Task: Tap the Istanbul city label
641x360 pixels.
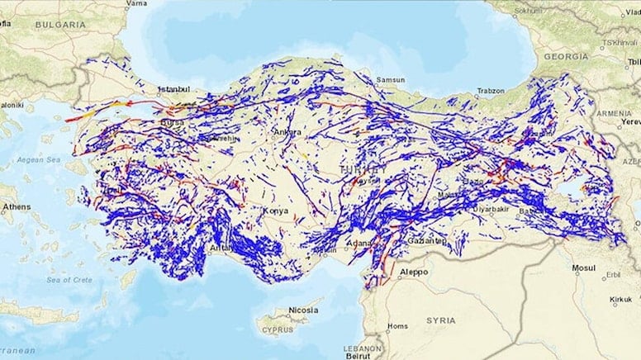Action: tap(173, 88)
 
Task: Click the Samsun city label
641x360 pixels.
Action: tap(391, 79)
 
